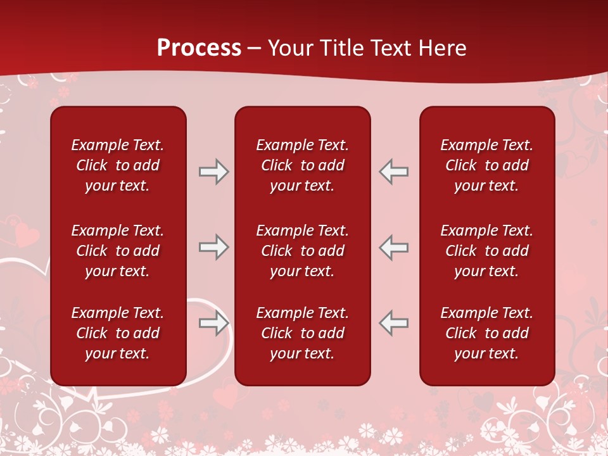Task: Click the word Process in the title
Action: (199, 47)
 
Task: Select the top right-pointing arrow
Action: (213, 172)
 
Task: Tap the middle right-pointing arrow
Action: (213, 247)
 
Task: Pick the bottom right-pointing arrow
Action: (213, 324)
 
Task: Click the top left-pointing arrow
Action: (393, 172)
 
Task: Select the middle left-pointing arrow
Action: (393, 247)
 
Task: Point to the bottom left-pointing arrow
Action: (393, 324)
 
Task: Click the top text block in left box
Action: (118, 165)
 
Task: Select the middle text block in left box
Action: (118, 251)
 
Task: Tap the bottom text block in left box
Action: (118, 333)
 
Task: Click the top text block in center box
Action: (302, 165)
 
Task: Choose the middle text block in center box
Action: (302, 251)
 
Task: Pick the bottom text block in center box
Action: (302, 333)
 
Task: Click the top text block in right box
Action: (486, 165)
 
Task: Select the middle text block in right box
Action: (486, 251)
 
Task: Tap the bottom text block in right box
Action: (486, 333)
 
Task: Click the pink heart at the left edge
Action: (25, 234)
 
